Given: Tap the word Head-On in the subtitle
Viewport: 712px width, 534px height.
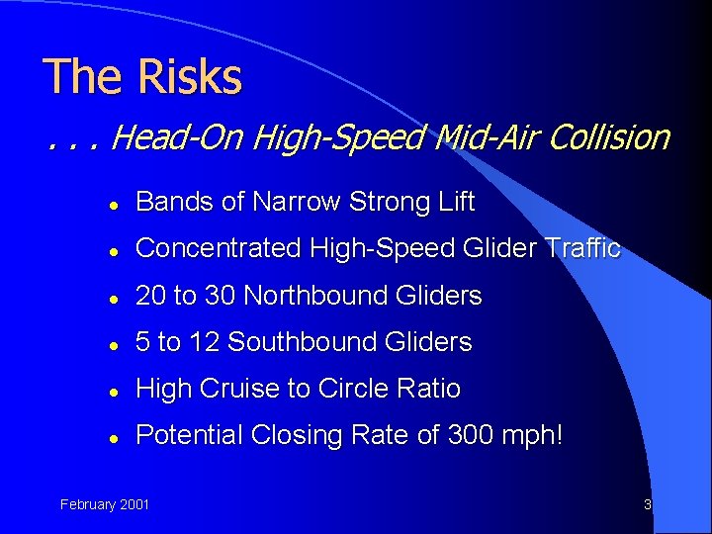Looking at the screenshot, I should [179, 137].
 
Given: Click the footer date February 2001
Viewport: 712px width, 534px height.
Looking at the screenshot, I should [105, 504].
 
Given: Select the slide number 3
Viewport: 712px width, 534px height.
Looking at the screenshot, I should [647, 504].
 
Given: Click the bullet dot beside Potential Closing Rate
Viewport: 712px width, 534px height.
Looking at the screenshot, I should [115, 436].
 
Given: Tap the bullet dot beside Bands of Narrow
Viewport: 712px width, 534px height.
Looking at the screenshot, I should [115, 203].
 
